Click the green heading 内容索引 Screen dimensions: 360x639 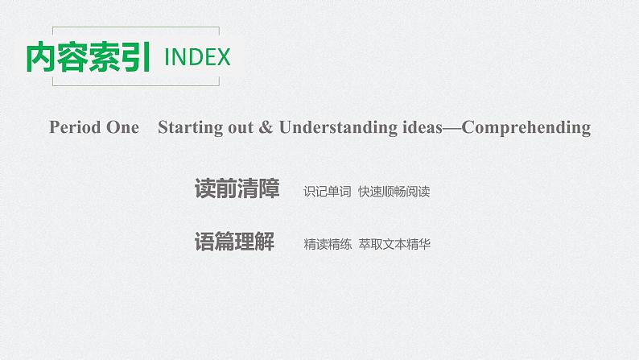point(89,57)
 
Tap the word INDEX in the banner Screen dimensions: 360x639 point(197,58)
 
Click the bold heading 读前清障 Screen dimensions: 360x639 point(237,189)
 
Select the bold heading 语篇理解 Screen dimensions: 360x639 point(234,242)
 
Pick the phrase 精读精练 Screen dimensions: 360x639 point(328,243)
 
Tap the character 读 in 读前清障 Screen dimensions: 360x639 point(205,189)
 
